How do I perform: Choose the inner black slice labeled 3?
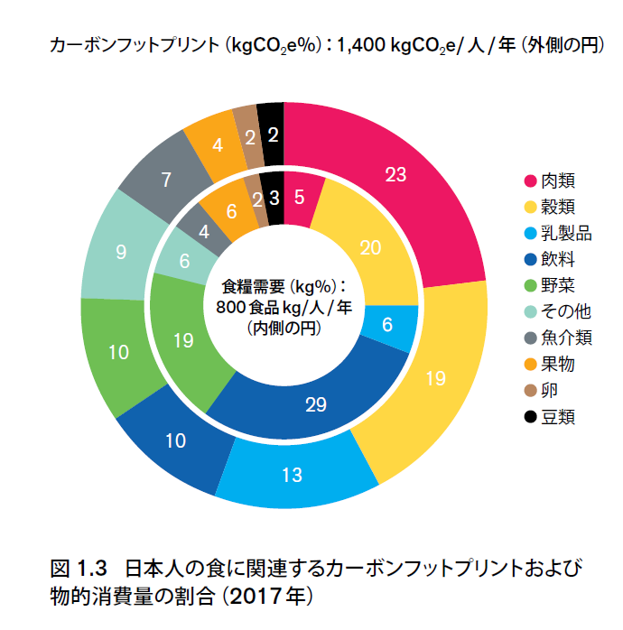point(274,197)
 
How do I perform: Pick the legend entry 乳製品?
point(565,233)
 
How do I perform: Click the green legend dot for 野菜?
point(531,285)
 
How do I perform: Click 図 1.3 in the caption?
point(79,570)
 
